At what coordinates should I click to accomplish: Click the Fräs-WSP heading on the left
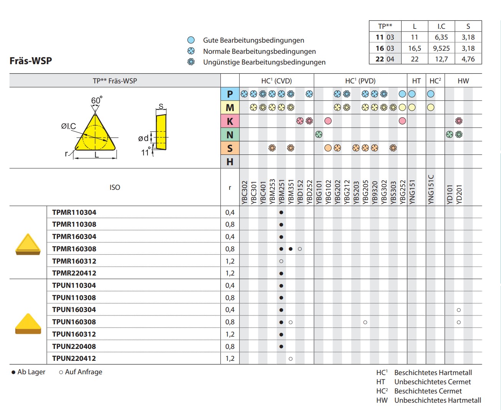coord(31,61)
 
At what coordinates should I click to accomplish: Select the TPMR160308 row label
coord(74,249)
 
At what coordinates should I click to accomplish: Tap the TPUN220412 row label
coord(74,358)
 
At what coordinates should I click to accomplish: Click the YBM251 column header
coord(281,191)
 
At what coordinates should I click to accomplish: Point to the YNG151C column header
coord(431,189)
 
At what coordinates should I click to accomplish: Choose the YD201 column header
coord(459,194)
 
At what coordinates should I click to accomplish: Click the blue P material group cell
coord(230,94)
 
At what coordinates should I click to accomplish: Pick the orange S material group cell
coord(230,148)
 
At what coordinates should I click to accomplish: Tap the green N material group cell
coord(230,135)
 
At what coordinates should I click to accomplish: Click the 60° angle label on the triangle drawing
coord(96,101)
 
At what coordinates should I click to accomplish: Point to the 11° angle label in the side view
coord(146,153)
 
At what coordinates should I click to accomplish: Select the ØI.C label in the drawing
coord(68,126)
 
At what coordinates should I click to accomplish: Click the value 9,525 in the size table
coord(441,48)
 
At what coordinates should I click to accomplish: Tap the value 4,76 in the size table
coord(468,59)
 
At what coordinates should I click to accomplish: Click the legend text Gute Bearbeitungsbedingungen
coord(253,40)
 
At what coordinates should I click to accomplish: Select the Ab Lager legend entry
coord(29,372)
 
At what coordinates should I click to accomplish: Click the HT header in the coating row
coord(416,81)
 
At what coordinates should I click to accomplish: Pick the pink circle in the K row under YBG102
coord(328,121)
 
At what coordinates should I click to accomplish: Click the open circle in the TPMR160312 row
coord(281,261)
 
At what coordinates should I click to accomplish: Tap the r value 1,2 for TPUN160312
coord(230,334)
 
